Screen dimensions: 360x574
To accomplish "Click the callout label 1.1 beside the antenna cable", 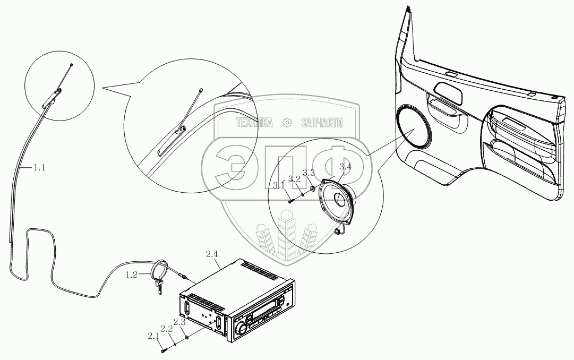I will (39, 168).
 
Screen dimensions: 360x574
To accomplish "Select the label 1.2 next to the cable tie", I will (131, 275).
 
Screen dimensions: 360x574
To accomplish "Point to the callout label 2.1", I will (153, 336).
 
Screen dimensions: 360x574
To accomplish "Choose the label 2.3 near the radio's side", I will (179, 322).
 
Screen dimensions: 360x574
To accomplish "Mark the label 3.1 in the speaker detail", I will (279, 185).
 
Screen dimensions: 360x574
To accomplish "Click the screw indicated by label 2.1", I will (162, 349).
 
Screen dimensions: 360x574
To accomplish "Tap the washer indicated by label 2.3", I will (187, 336).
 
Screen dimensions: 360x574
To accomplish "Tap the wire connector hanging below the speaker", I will (338, 232).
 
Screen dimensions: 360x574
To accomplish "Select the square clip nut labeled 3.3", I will (313, 187).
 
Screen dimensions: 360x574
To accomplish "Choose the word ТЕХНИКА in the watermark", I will (255, 123).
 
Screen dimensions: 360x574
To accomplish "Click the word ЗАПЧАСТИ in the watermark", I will (321, 123).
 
